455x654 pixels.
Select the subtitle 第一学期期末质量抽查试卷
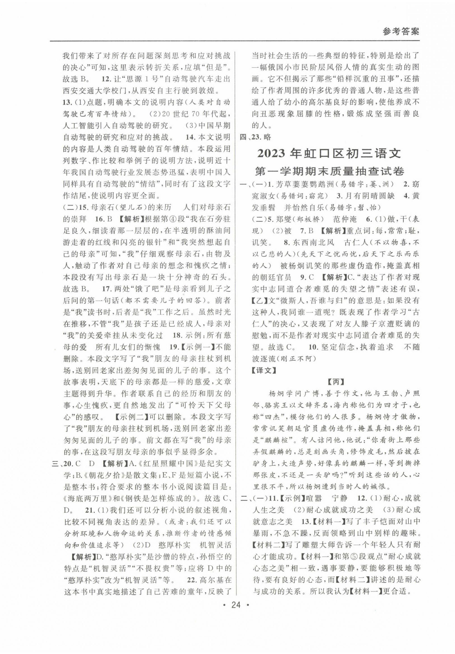329,172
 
